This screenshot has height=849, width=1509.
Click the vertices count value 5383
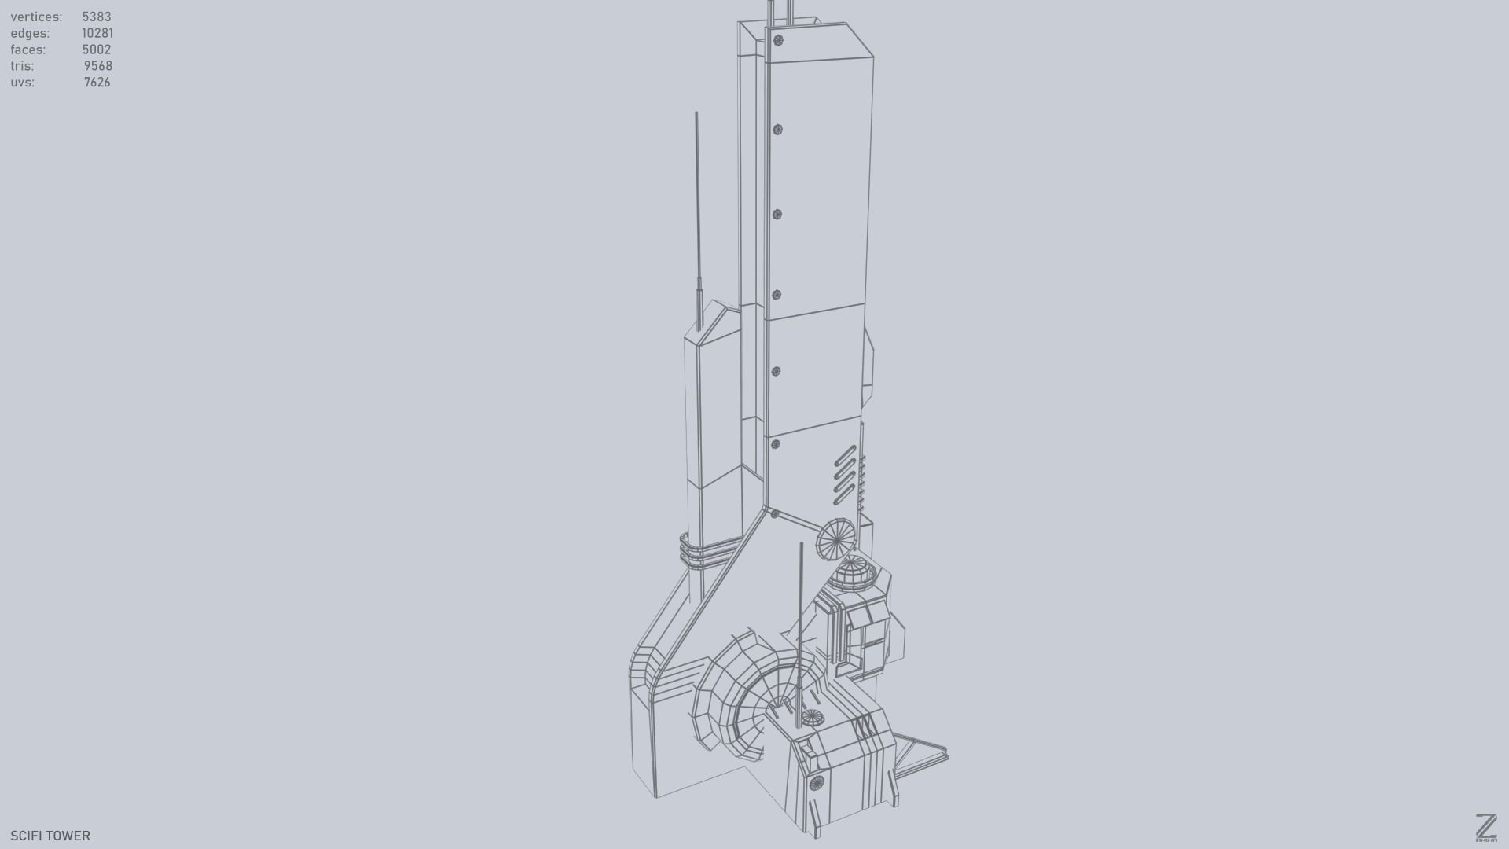click(x=96, y=17)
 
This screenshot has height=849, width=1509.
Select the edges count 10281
click(x=97, y=33)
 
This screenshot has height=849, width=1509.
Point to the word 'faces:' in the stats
click(x=28, y=50)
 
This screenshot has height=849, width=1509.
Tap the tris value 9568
click(x=97, y=66)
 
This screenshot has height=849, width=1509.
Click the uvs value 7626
click(x=97, y=83)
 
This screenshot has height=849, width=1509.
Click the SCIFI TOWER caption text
click(x=50, y=836)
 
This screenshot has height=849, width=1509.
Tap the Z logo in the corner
click(x=1485, y=827)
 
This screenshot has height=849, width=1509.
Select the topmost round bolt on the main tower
click(x=778, y=40)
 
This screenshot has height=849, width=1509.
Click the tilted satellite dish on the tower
click(x=835, y=539)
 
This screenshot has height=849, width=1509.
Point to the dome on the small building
click(x=854, y=572)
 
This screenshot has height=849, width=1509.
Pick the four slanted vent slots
click(x=844, y=475)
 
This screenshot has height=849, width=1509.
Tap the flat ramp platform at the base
click(x=920, y=751)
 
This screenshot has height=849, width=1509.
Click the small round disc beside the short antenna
click(x=812, y=717)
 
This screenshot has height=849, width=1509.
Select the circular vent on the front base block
click(x=817, y=782)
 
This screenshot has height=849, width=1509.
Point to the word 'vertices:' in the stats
click(x=36, y=17)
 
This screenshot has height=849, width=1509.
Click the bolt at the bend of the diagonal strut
click(x=774, y=513)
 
